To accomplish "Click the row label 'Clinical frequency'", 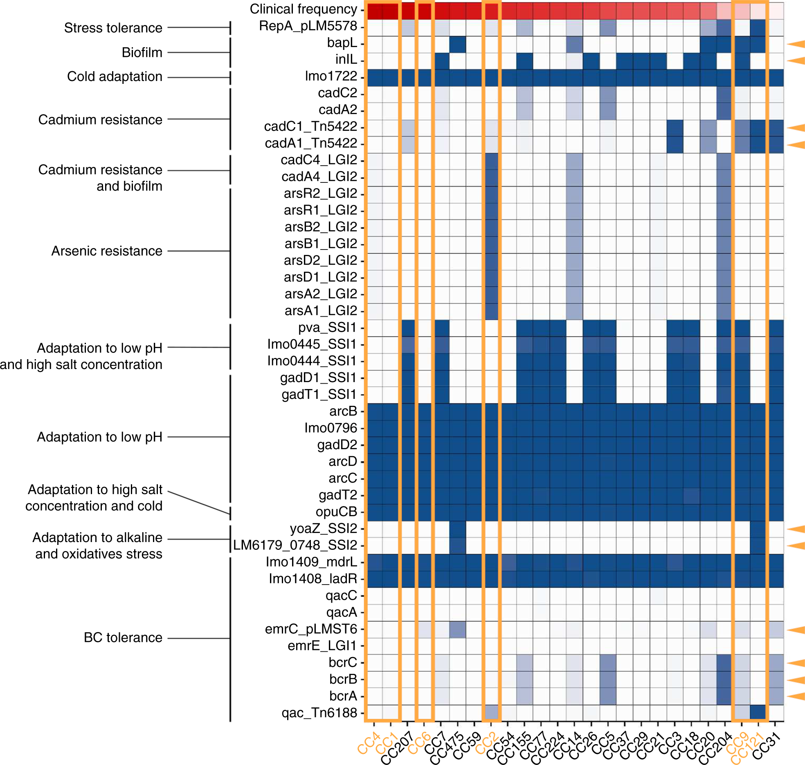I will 303,9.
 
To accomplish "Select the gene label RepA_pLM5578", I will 308,26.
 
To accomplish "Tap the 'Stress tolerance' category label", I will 113,28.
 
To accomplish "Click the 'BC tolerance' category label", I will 123,637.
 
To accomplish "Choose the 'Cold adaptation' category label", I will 115,76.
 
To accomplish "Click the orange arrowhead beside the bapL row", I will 796,44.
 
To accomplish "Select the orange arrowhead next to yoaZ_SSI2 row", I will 796,529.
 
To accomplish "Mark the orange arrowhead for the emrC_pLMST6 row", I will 796,630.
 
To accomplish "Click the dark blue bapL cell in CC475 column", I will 457,44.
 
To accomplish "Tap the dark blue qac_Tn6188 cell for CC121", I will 758,713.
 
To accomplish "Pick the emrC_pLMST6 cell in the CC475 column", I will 457,630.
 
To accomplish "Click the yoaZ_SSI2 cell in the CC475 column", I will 457,529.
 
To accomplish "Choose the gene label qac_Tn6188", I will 319,713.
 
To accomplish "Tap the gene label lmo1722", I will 331,76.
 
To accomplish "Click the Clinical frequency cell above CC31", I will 776,11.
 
